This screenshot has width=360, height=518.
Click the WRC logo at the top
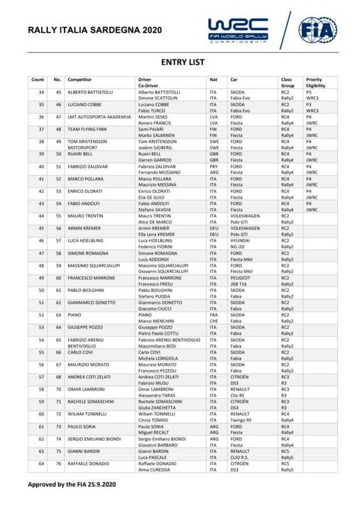coord(237,29)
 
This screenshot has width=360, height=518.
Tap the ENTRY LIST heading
coord(182,62)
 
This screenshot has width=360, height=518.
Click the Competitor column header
coord(79,79)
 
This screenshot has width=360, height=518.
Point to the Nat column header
coord(213,79)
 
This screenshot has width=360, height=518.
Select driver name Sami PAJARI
coord(150,130)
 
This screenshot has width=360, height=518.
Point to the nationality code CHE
coord(213,321)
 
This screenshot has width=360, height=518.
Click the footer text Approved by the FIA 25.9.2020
coord(72,484)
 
